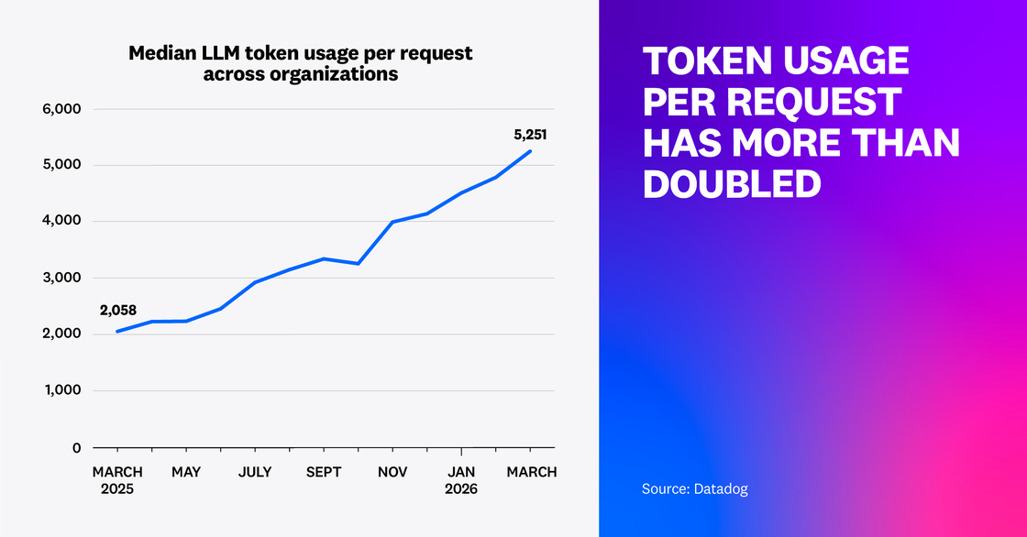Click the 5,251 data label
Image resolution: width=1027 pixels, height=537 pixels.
pyautogui.click(x=530, y=135)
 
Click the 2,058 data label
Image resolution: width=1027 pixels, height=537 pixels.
pyautogui.click(x=118, y=311)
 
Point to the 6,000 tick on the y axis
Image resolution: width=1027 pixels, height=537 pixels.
pyautogui.click(x=62, y=109)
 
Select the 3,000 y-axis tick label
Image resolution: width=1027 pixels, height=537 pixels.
pyautogui.click(x=62, y=278)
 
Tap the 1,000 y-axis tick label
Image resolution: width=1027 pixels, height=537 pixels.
pyautogui.click(x=62, y=390)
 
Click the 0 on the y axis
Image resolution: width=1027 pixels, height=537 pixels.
pyautogui.click(x=77, y=447)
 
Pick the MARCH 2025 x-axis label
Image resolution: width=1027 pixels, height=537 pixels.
pyautogui.click(x=116, y=480)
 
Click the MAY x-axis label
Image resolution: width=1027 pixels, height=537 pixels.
pyautogui.click(x=186, y=472)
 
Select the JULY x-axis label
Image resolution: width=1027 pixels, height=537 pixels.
pyautogui.click(x=255, y=472)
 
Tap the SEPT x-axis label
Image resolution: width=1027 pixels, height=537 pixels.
pyautogui.click(x=324, y=472)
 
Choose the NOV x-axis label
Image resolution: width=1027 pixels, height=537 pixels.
pyautogui.click(x=392, y=472)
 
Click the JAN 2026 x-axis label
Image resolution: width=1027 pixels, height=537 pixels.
pyautogui.click(x=461, y=480)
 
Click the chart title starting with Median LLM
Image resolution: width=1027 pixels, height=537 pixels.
pyautogui.click(x=301, y=63)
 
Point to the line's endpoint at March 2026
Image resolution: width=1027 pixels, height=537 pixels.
pyautogui.click(x=531, y=151)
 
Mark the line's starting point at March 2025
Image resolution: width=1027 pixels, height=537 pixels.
pyautogui.click(x=117, y=331)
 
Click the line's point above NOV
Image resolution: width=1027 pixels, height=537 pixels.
pyautogui.click(x=392, y=222)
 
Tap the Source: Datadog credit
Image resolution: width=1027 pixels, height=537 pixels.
pyautogui.click(x=694, y=489)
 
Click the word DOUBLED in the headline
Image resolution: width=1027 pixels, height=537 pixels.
pyautogui.click(x=731, y=183)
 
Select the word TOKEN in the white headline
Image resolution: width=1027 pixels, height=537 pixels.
pyautogui.click(x=712, y=61)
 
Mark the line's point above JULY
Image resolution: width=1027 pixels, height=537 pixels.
pyautogui.click(x=255, y=282)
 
